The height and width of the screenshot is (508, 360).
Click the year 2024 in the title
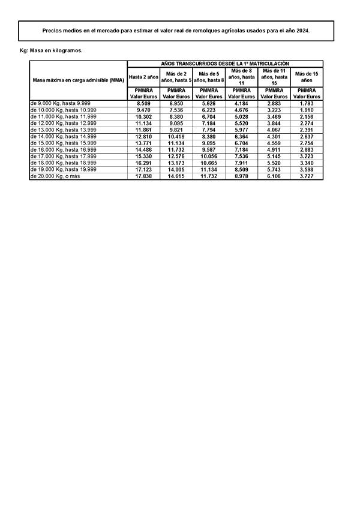(x=302, y=31)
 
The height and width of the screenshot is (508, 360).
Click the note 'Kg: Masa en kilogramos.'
(x=51, y=50)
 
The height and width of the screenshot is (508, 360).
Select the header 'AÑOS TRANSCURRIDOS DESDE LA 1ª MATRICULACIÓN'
(x=225, y=63)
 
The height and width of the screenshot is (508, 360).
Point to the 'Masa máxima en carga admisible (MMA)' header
(x=78, y=80)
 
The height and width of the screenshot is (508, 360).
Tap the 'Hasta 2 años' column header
(x=143, y=77)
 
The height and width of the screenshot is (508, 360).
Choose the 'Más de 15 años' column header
(x=307, y=77)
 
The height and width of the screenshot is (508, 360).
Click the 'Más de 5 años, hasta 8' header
(x=209, y=77)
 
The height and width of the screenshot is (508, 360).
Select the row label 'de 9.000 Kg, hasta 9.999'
(x=59, y=103)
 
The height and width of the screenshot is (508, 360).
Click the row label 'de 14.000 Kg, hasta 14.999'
(x=62, y=136)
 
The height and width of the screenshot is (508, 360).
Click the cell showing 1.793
(x=307, y=104)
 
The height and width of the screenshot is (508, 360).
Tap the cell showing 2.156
(x=307, y=117)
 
